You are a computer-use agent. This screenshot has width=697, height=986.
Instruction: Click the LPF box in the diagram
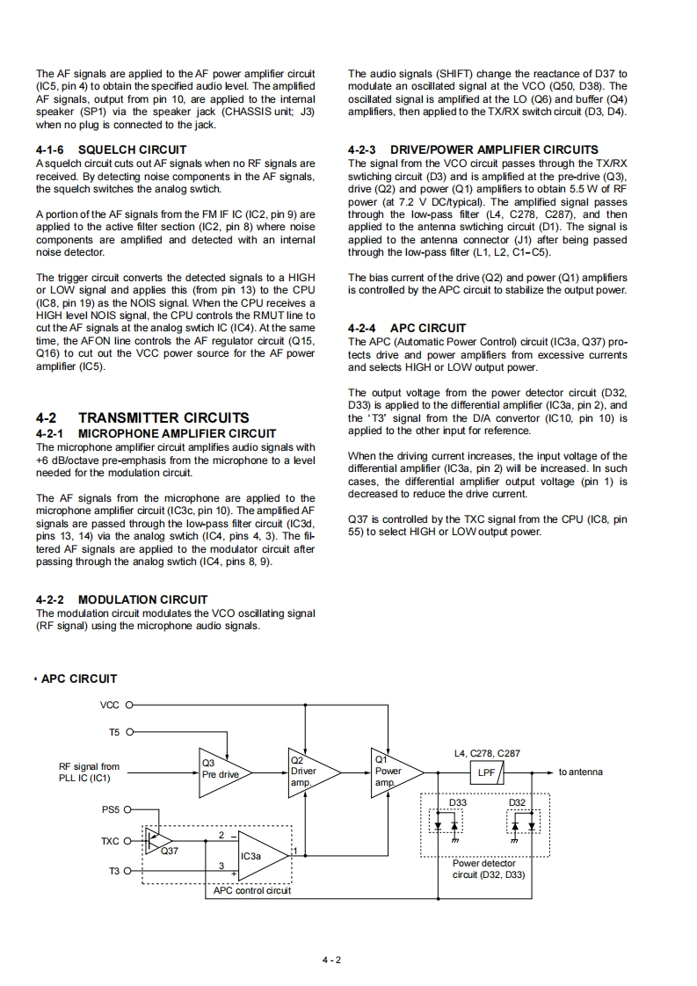pos(487,772)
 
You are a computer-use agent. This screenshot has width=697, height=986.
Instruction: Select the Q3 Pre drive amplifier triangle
pos(223,772)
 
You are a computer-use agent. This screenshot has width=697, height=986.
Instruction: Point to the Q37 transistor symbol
pos(158,840)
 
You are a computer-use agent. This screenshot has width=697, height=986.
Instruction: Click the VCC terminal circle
pos(130,704)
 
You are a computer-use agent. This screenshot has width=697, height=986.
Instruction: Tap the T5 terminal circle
pos(130,731)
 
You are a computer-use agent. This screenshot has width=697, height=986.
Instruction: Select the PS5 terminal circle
pos(130,808)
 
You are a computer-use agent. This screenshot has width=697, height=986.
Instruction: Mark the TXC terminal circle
pos(130,841)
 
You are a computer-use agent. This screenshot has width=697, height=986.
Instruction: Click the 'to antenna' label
pos(581,772)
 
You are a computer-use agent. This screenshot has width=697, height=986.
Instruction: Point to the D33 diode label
pos(458,803)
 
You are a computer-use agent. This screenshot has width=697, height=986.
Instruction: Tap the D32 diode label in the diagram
pos(518,803)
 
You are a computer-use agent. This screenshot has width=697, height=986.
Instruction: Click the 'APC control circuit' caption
pos(251,890)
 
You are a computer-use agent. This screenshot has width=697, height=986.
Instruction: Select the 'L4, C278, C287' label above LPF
pos(487,753)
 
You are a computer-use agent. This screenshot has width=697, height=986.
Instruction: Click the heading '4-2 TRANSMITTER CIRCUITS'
pos(142,417)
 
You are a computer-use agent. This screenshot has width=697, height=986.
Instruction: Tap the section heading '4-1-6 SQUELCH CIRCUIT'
pos(111,149)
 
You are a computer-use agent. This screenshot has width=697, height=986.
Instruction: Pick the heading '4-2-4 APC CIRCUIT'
pos(407,329)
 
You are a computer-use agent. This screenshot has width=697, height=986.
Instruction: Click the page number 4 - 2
pos(331,959)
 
